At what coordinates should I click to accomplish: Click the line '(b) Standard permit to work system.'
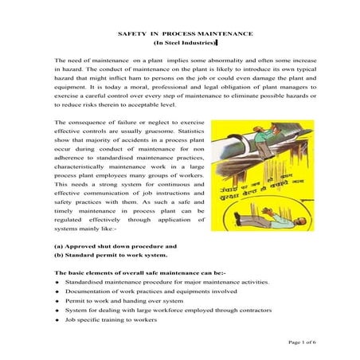pyautogui.click(x=110, y=256)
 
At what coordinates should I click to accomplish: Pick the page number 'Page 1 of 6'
pyautogui.click(x=302, y=341)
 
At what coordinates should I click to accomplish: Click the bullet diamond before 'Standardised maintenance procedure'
pyautogui.click(x=57, y=282)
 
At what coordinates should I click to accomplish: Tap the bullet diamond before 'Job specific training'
pyautogui.click(x=57, y=319)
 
